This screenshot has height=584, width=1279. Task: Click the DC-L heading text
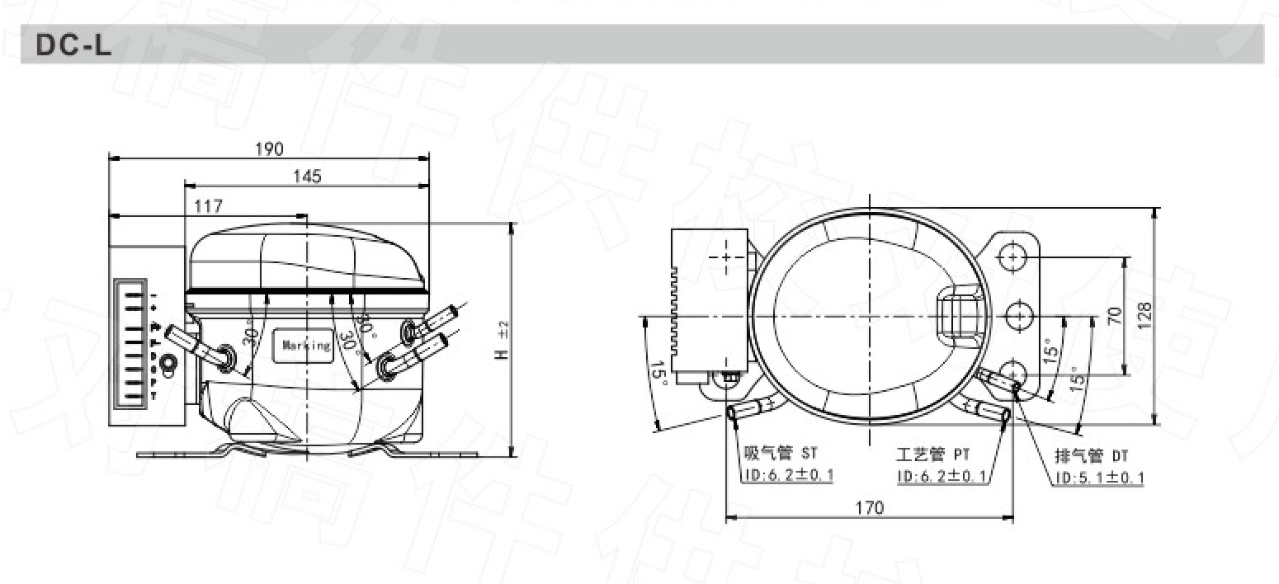73,46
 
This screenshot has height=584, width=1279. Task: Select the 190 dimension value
269,148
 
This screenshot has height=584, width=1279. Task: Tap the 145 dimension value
306,176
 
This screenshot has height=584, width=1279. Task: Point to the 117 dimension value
207,205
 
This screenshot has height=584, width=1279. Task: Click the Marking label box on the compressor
305,346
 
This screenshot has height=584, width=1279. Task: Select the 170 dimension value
869,507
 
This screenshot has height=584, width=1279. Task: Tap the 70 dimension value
1114,316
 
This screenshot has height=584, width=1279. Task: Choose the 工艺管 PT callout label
933,454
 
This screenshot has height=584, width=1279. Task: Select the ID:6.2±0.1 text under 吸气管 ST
787,476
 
